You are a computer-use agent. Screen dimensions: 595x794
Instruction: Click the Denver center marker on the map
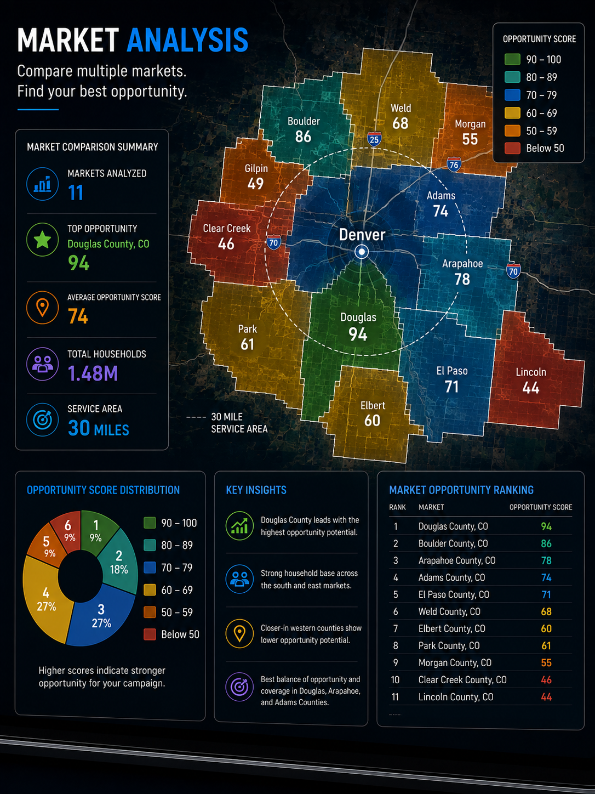tap(361, 251)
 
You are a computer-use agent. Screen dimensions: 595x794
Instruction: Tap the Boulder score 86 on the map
tap(303, 137)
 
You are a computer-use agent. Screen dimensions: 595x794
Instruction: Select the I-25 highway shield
tap(374, 139)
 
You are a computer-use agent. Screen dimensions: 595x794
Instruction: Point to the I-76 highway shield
tap(454, 165)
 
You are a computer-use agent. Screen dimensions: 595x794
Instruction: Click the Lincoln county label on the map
tap(531, 372)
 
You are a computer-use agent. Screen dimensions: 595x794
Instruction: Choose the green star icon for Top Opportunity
tap(43, 240)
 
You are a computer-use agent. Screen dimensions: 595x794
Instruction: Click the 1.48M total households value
tap(93, 373)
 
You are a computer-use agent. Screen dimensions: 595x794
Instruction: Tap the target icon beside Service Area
tap(43, 419)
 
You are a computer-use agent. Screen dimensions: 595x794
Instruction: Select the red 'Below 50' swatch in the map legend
tap(512, 148)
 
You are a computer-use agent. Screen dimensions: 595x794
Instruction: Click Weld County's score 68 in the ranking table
tap(546, 612)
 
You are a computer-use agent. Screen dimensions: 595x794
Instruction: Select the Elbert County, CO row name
tap(451, 629)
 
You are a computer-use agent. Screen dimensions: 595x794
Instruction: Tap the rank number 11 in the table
tap(395, 697)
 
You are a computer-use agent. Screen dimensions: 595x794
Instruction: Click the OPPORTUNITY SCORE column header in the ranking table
tap(540, 507)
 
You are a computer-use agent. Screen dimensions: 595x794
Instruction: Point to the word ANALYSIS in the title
tap(187, 40)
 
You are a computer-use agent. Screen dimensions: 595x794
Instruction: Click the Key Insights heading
tap(256, 490)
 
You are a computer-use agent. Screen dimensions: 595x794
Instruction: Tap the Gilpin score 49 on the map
tap(255, 184)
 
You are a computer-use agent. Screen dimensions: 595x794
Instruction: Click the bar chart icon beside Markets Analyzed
tap(43, 184)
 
